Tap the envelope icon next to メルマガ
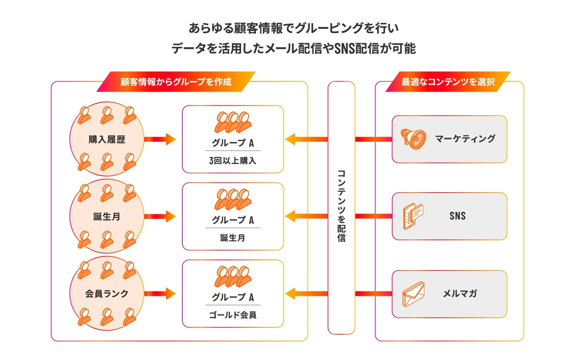click(413, 294)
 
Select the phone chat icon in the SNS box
click(413, 216)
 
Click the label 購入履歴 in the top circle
click(107, 139)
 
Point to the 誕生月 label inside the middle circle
click(107, 217)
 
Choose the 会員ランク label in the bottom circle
click(107, 294)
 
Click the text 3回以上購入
click(233, 161)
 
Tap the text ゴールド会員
click(233, 315)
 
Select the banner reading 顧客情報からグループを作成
click(176, 82)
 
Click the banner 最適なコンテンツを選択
click(448, 82)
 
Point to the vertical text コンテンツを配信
click(341, 206)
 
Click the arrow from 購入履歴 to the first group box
click(160, 139)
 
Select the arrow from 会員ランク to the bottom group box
click(160, 294)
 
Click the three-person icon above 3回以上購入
click(233, 122)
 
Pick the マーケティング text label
click(465, 139)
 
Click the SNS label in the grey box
click(457, 216)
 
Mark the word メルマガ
click(460, 294)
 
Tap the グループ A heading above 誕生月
click(233, 220)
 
